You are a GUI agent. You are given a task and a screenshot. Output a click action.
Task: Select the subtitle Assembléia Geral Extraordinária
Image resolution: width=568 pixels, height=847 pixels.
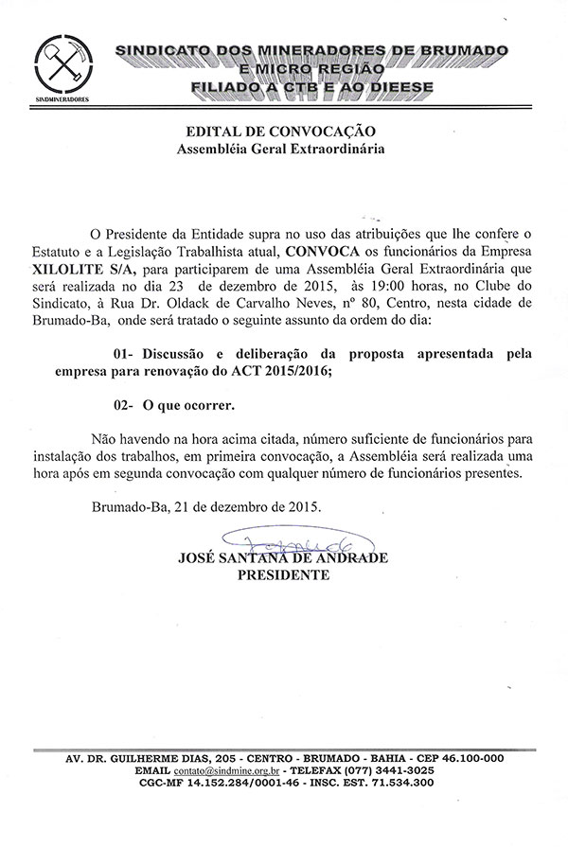(284, 149)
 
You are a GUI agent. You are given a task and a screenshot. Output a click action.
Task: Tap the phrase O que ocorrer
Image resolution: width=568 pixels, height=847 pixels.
(189, 404)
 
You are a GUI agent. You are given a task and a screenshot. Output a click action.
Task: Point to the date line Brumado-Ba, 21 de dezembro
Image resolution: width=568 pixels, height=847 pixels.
(206, 505)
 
